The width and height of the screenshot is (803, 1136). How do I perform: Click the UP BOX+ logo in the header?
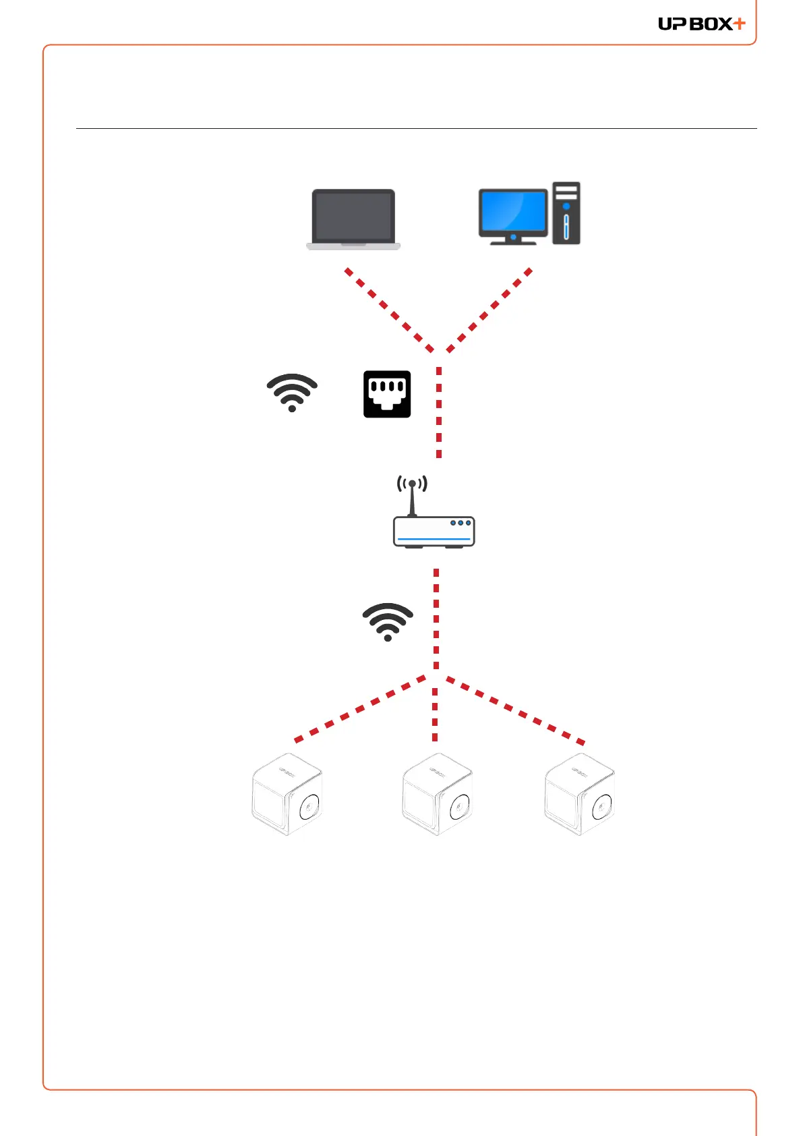pos(701,24)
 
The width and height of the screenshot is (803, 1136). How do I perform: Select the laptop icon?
pos(353,219)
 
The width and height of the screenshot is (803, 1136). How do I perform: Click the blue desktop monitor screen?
pos(512,210)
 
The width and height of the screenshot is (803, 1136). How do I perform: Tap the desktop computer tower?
pos(566,213)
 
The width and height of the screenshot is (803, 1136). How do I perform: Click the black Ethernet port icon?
pos(387,394)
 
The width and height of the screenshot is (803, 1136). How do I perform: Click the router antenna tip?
pos(412,484)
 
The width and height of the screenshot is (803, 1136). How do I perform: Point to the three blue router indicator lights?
pos(460,523)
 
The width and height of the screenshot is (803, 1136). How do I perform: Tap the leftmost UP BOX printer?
pos(287,795)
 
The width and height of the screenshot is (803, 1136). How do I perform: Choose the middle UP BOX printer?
pos(438,795)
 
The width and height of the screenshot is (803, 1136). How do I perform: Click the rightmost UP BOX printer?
pos(580,795)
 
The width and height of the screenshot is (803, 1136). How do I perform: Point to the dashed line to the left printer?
pos(360,709)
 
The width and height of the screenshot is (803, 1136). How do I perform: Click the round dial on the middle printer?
pos(460,806)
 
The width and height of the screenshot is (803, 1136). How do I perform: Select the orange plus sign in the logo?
pos(740,24)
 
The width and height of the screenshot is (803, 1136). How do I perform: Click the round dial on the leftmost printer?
pos(309,806)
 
